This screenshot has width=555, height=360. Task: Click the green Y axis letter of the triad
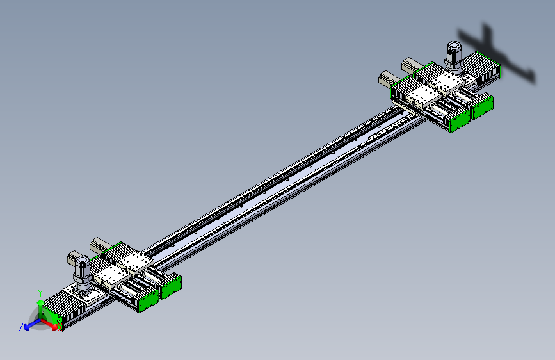coord(40,291)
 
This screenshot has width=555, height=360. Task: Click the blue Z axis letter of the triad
coord(21,327)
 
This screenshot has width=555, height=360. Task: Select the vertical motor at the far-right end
coord(454,56)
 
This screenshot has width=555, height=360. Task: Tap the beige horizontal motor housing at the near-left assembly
coord(102,245)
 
